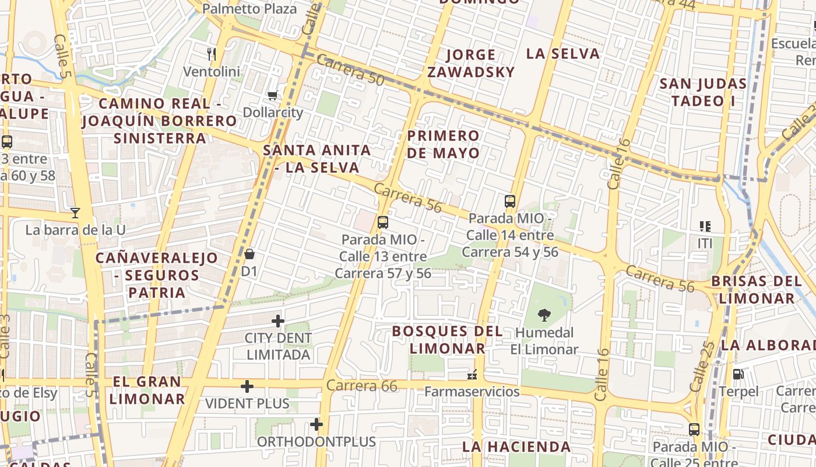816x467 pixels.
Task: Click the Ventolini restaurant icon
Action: click(x=212, y=54)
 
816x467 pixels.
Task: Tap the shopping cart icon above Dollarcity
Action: click(x=272, y=95)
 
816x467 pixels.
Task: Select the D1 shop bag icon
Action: click(x=249, y=254)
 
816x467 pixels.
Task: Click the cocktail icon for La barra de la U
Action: click(x=75, y=212)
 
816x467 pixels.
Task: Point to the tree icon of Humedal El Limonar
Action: click(x=544, y=315)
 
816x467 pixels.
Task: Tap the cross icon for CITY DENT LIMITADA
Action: click(x=278, y=321)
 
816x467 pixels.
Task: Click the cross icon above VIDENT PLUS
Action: click(x=247, y=386)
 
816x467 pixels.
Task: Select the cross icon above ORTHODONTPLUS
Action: click(x=316, y=424)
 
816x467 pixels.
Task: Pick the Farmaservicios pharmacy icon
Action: click(x=472, y=374)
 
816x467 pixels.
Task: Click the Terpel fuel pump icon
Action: click(x=738, y=374)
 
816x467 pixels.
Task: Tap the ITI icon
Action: click(x=705, y=226)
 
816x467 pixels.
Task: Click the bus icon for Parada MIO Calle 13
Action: click(x=383, y=222)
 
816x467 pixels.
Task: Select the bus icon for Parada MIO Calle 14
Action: click(x=510, y=201)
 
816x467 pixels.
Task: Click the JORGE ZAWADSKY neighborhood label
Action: click(x=471, y=63)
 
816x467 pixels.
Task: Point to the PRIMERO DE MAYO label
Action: click(x=444, y=144)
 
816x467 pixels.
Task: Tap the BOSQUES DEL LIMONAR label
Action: click(x=448, y=340)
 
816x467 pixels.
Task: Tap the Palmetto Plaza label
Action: click(x=249, y=9)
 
